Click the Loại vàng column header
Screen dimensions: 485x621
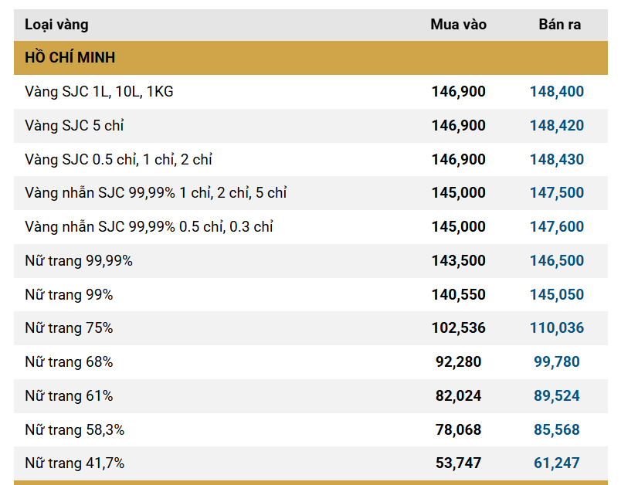56,25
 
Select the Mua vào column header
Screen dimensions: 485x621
458,25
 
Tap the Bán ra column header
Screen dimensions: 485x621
559,25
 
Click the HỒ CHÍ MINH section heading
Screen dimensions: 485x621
70,58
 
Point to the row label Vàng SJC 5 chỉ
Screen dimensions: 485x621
74,126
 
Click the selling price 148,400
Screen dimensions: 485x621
556,92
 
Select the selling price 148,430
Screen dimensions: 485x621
556,160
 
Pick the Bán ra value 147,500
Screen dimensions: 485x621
556,193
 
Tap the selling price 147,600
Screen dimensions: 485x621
556,227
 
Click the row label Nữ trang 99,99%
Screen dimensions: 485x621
79,261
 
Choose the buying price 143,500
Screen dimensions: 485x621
458,261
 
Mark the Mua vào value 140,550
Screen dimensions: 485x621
458,295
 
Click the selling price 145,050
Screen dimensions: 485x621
556,295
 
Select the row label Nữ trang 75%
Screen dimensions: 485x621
69,328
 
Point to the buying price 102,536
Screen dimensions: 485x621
458,328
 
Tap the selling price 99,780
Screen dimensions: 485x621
556,362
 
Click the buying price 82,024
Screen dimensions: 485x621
458,396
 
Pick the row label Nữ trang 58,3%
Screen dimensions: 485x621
75,430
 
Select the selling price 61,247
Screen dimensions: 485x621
556,463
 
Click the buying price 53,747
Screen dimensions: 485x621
458,463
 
